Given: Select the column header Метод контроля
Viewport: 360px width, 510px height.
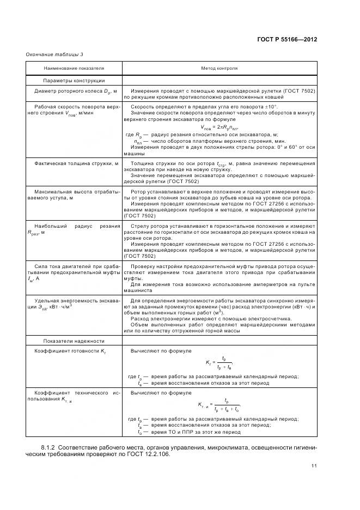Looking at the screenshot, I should [x=219, y=69].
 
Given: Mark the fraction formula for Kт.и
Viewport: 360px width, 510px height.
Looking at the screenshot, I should [x=219, y=405].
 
